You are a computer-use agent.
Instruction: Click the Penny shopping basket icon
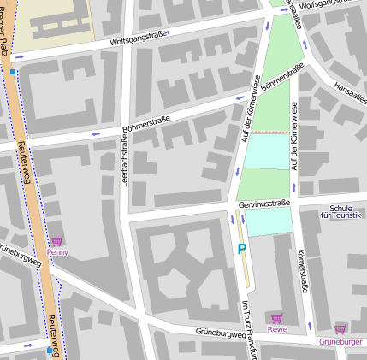pos(57,242)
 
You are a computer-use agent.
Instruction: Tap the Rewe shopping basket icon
pos(276,318)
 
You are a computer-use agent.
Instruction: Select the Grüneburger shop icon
pos(340,329)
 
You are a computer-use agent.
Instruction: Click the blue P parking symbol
pos(242,249)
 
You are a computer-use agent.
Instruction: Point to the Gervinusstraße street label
pos(265,204)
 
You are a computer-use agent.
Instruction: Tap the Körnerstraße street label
pos(300,273)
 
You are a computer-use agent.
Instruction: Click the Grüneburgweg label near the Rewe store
pos(222,331)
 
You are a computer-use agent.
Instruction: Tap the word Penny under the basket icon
pos(57,252)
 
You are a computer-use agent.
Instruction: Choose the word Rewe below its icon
pos(276,328)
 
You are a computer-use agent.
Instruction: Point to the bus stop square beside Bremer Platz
pos(13,72)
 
